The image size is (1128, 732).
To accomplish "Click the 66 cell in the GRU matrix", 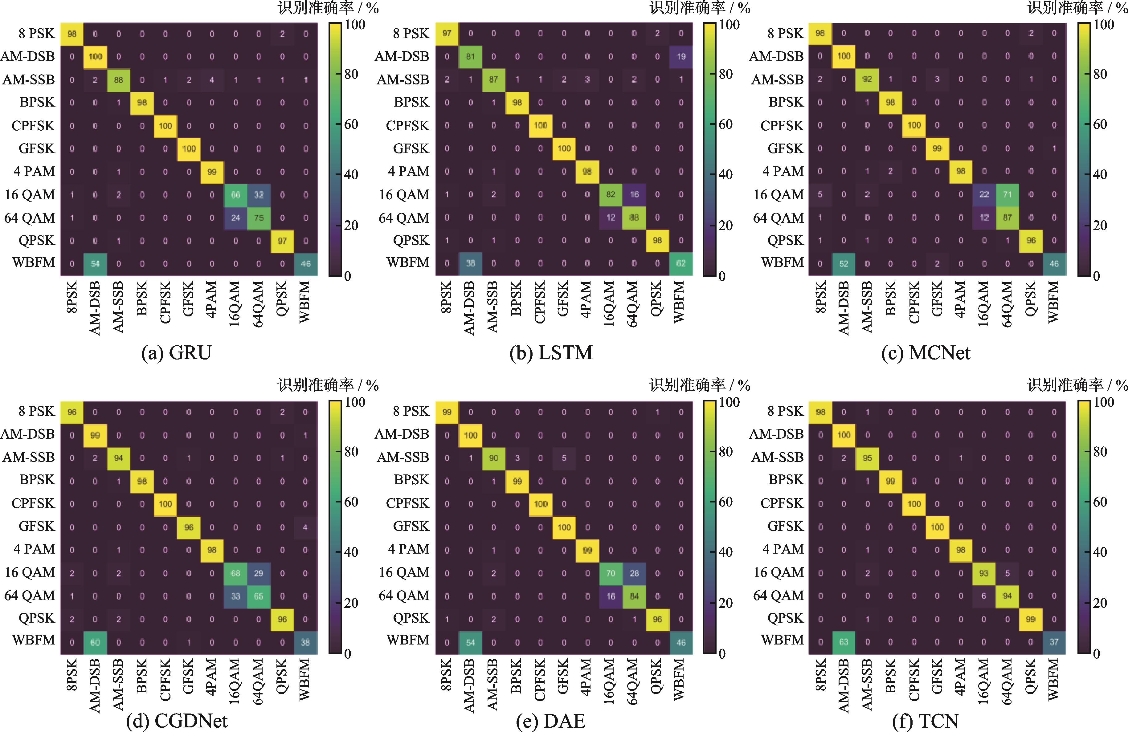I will [235, 195].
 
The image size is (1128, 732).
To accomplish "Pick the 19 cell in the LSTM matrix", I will [680, 56].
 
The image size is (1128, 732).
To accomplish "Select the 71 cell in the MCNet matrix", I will [1007, 195].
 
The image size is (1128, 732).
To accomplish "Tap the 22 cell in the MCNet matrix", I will [984, 195].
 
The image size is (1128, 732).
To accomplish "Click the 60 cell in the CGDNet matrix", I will [95, 642].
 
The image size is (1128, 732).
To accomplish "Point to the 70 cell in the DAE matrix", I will [611, 573].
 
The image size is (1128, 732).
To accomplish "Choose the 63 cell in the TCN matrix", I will [844, 642].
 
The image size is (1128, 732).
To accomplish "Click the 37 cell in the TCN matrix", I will [1054, 642].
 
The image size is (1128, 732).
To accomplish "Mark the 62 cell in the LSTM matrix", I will [680, 263].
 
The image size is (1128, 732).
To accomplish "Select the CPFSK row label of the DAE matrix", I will [408, 503].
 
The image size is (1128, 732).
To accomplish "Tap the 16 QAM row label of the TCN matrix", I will [779, 572].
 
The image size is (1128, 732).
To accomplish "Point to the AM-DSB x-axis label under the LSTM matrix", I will [469, 308].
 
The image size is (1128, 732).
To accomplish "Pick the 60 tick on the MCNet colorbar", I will [1100, 124].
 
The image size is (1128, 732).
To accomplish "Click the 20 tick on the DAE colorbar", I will [725, 603].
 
